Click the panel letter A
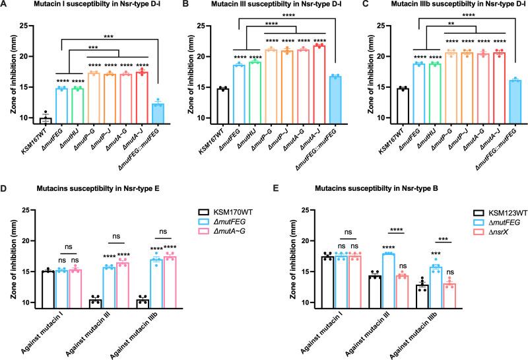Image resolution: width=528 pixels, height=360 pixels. [6, 6]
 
